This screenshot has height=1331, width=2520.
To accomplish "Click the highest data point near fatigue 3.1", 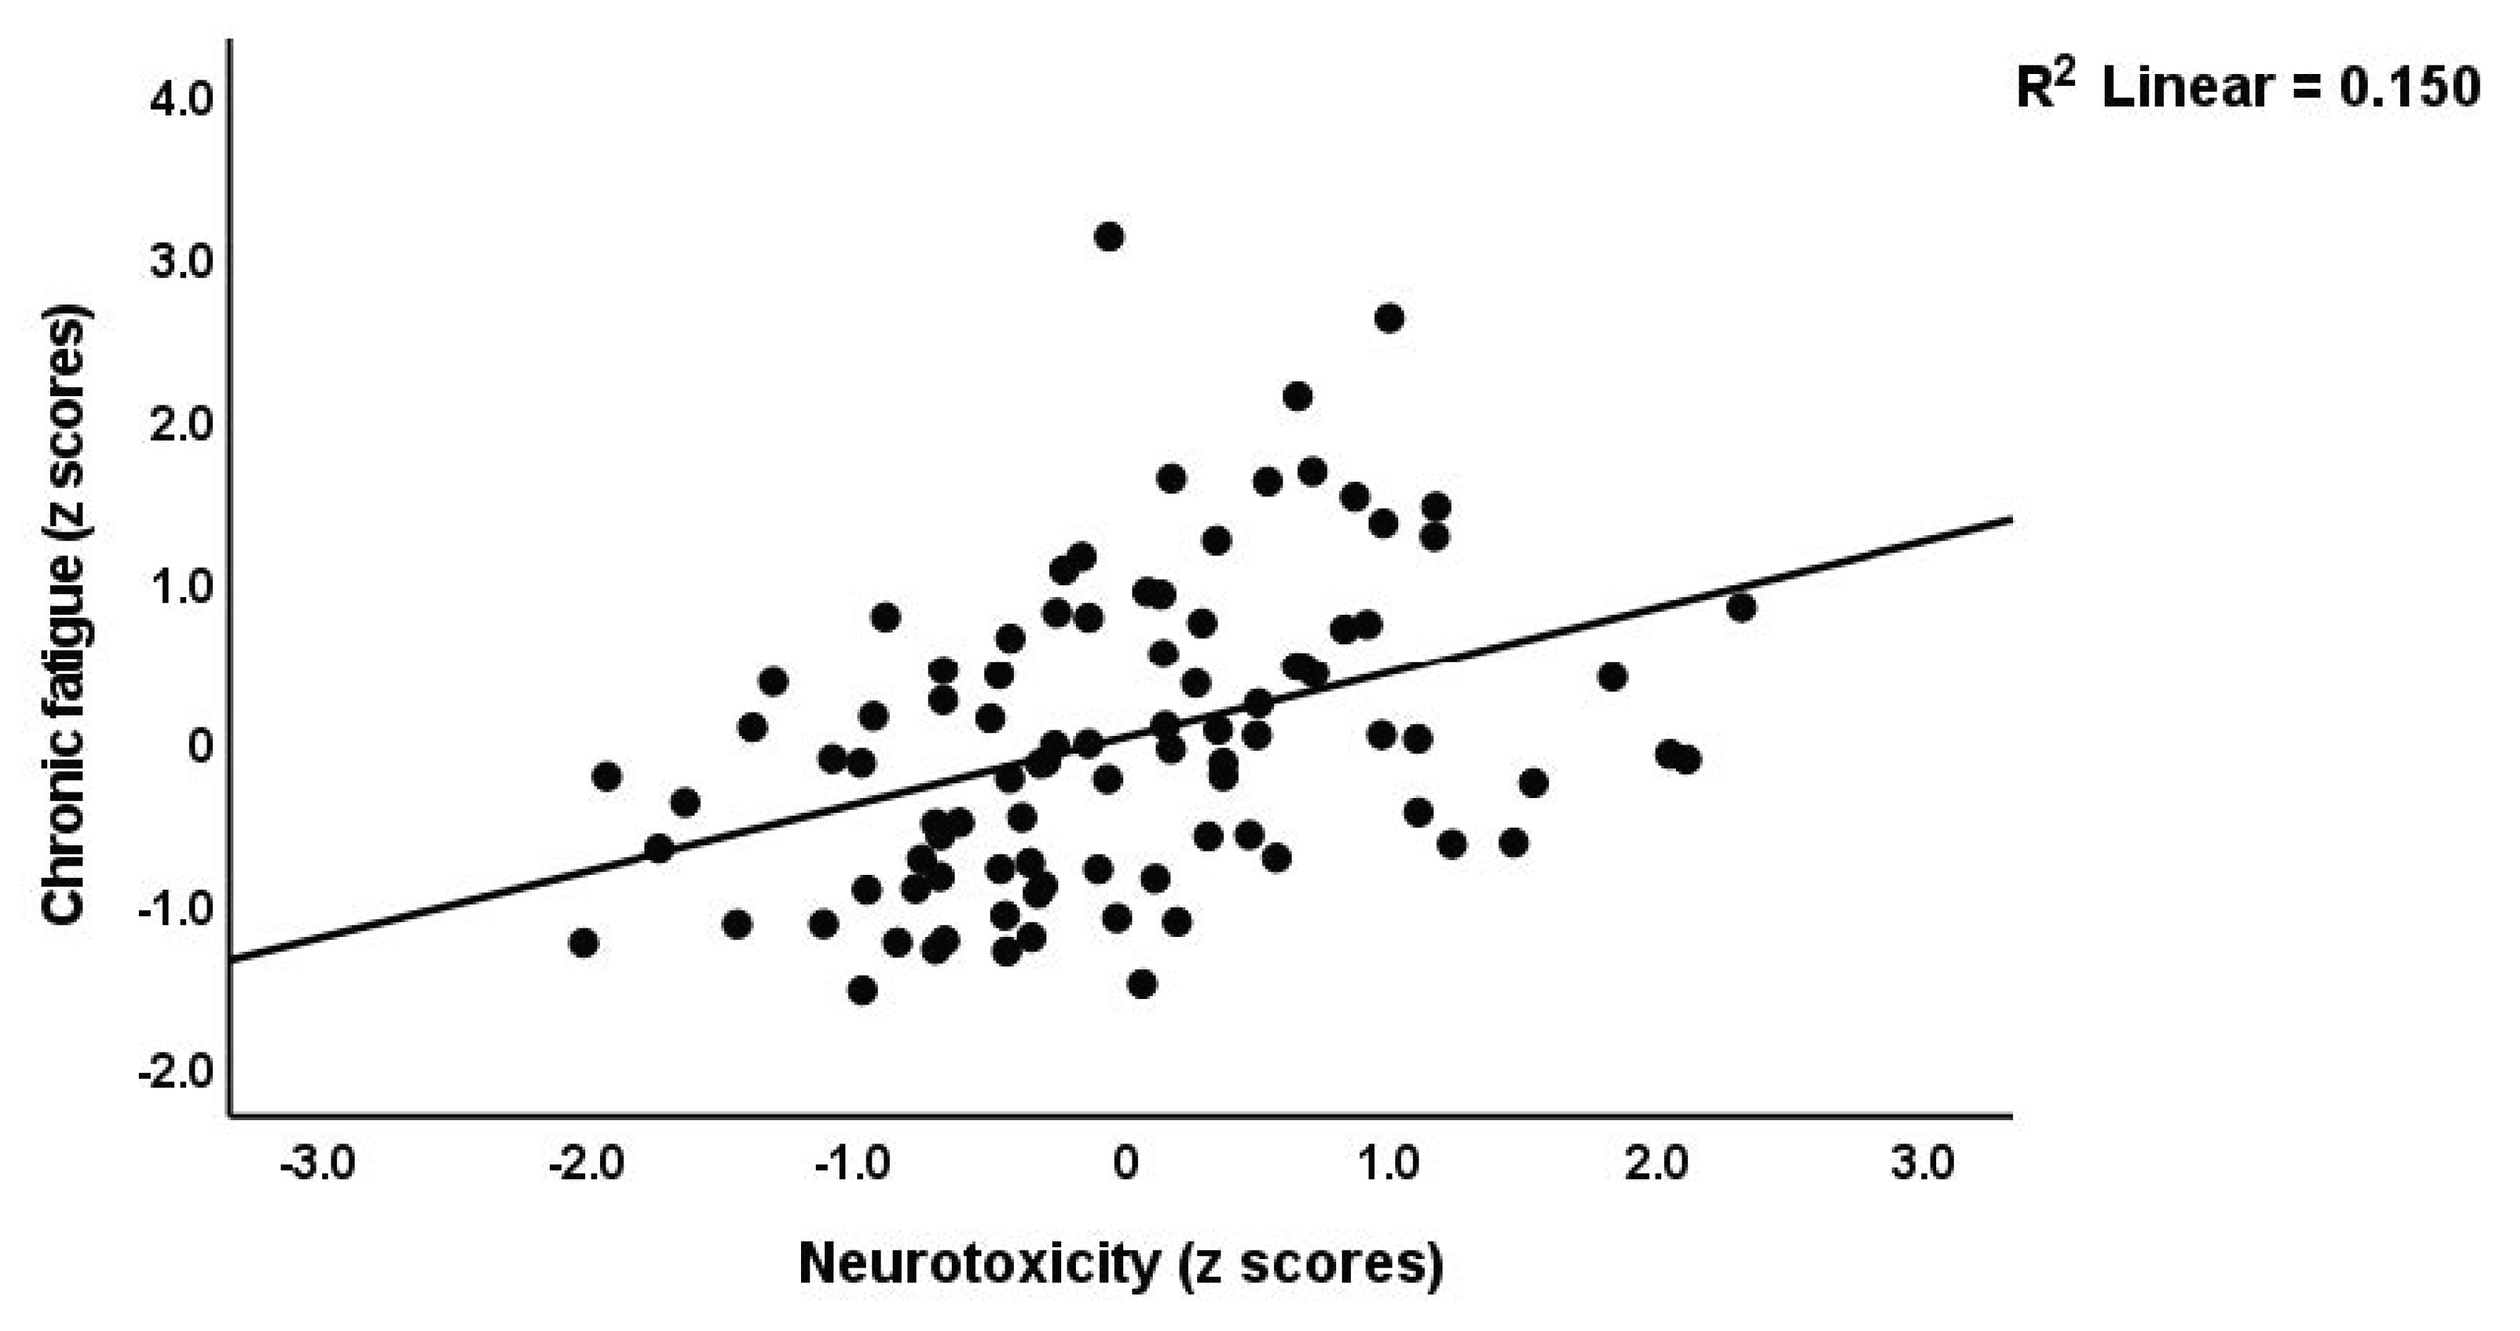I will tap(1108, 237).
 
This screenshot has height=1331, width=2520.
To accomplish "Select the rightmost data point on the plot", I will tap(1740, 607).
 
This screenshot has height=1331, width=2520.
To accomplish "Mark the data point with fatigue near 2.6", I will tap(1389, 319).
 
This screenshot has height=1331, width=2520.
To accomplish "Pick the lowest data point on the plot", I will tap(862, 990).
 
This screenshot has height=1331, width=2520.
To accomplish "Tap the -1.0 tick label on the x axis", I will tap(856, 1165).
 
